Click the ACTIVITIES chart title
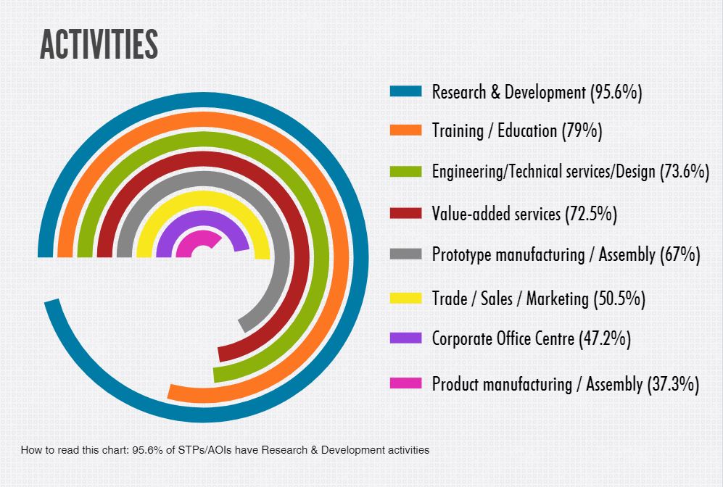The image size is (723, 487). click(x=99, y=45)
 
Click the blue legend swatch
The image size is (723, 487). click(x=405, y=92)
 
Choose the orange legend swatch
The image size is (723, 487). click(x=405, y=130)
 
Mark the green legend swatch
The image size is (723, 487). click(x=405, y=172)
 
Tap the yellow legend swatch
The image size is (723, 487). click(x=405, y=298)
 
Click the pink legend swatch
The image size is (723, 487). click(x=405, y=383)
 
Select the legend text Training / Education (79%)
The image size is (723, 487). click(x=517, y=131)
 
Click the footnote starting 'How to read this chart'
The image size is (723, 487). click(x=225, y=450)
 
